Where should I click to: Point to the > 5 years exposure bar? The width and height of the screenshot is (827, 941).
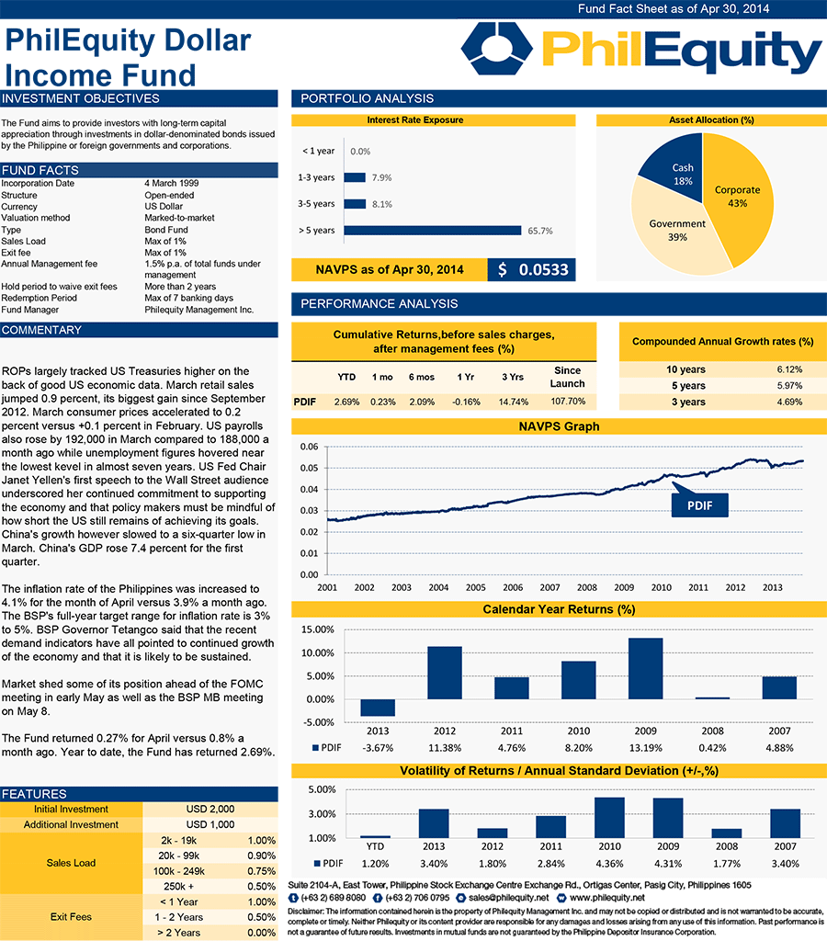click(x=432, y=231)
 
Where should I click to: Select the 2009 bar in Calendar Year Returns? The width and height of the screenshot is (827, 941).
click(x=645, y=668)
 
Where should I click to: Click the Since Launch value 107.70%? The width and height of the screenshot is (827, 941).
click(x=567, y=402)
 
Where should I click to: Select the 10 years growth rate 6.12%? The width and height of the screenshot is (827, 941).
click(x=788, y=369)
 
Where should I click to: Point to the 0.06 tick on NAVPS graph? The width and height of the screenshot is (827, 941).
click(x=310, y=447)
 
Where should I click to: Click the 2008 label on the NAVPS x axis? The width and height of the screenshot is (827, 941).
click(x=586, y=587)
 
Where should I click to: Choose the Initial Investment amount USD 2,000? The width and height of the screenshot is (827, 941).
click(x=210, y=810)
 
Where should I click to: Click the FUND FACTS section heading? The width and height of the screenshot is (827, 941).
click(x=40, y=170)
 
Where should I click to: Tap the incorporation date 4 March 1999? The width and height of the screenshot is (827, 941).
click(x=171, y=183)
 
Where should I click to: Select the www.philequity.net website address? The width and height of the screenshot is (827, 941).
click(x=607, y=897)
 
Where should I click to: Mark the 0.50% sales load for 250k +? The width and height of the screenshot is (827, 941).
click(x=261, y=886)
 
